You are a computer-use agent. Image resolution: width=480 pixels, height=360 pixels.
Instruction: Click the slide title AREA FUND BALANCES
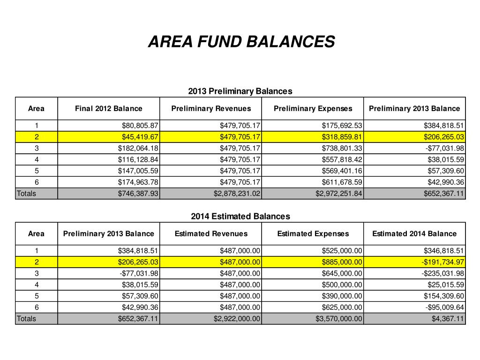click(x=241, y=42)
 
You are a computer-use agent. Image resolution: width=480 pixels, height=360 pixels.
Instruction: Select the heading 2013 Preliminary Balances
click(x=240, y=91)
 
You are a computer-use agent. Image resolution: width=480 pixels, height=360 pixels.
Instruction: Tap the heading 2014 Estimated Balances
click(x=240, y=216)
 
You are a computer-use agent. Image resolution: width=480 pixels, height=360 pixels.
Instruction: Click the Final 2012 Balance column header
click(x=108, y=108)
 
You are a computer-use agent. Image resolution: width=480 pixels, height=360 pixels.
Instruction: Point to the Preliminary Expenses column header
click(x=313, y=108)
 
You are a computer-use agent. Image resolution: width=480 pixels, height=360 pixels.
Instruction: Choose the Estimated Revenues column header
click(x=211, y=233)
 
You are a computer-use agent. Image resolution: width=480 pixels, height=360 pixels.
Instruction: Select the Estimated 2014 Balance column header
click(x=414, y=233)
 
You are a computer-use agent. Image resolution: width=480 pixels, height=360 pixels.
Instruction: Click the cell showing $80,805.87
click(x=139, y=126)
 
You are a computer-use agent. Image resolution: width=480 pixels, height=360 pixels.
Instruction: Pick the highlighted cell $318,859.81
click(x=342, y=137)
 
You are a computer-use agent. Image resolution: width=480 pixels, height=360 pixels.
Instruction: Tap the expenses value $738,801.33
click(x=342, y=148)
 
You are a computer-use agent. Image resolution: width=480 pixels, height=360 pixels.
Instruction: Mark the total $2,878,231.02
click(x=237, y=193)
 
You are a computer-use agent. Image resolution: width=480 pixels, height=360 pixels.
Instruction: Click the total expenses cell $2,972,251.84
click(x=339, y=193)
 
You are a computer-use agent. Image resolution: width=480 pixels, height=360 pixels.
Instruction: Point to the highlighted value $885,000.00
click(x=342, y=262)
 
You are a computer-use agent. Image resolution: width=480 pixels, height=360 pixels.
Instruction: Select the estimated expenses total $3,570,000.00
click(x=339, y=319)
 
